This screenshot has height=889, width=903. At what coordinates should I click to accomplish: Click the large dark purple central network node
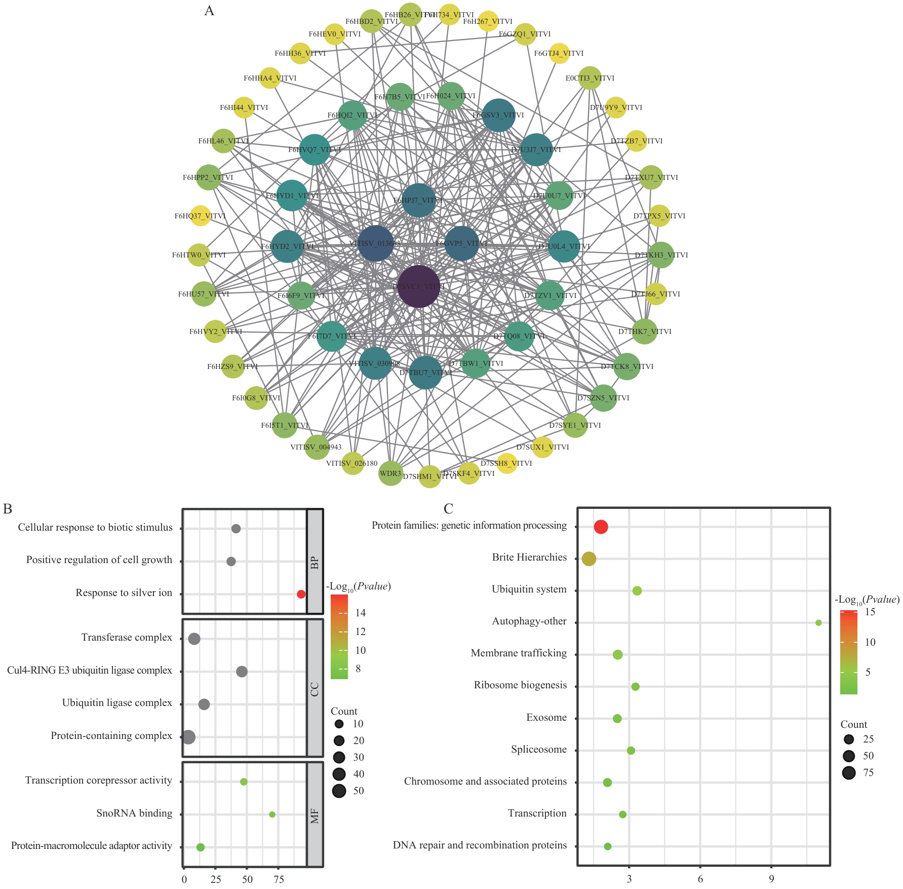pos(418,286)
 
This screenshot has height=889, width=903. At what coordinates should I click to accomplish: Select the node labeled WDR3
pos(390,473)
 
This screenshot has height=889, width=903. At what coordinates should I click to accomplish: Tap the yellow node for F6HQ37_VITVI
pos(200,216)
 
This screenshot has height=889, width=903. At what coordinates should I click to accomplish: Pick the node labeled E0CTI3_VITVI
pos(590,78)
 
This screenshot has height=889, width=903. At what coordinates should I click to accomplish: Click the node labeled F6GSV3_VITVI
pos(498,115)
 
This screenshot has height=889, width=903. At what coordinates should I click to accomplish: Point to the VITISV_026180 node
pos(352,463)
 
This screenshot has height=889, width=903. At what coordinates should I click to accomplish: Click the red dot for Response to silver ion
pos(301,594)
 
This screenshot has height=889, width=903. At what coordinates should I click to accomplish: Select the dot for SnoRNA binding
pos(272,814)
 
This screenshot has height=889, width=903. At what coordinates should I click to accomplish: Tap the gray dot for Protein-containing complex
pos(188,737)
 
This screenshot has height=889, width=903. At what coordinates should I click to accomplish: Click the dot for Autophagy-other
pos(818,622)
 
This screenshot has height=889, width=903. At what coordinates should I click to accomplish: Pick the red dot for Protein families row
pos(601,527)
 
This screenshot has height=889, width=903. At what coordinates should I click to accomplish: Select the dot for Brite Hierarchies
pos(588,559)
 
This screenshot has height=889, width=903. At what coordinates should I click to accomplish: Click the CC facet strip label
pos(315,689)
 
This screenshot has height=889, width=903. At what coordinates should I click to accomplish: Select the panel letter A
pos(209,11)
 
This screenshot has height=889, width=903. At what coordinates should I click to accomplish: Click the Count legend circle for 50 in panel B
pos(339,791)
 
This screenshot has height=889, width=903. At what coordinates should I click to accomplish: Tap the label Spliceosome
pos(539,750)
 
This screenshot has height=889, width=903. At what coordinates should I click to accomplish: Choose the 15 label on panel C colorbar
pos(870,612)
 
